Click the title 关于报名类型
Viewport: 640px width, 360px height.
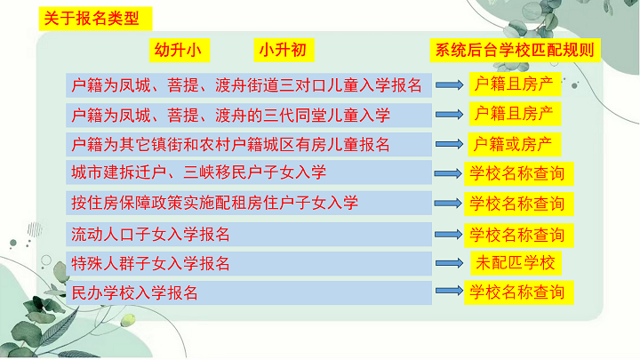tap(95, 19)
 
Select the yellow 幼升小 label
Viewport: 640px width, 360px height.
tap(180, 50)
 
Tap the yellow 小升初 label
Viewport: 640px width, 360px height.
tap(284, 50)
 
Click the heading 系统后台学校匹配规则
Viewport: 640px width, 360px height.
tap(515, 50)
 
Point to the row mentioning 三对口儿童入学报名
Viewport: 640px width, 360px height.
tap(249, 85)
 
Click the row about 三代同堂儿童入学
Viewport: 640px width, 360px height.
tap(249, 115)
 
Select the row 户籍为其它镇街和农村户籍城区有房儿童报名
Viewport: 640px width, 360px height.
tap(249, 145)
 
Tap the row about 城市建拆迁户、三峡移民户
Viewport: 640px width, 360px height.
tap(249, 172)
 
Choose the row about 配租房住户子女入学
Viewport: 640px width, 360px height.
tap(249, 203)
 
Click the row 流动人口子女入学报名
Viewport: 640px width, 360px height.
tap(249, 235)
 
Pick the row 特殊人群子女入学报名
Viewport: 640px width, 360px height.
tap(249, 264)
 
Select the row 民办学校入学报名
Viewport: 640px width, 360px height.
tap(249, 292)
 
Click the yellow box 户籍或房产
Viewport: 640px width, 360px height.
tap(515, 145)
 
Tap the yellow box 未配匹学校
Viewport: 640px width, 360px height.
tap(516, 263)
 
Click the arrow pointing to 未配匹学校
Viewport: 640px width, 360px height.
tap(450, 263)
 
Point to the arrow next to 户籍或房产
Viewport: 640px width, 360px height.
tap(450, 144)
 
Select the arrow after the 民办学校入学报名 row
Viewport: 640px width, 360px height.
tap(450, 291)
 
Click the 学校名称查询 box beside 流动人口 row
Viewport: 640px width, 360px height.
tap(519, 235)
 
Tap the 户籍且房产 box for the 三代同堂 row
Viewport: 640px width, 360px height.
tap(515, 114)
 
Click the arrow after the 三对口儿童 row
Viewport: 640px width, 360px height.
tap(450, 85)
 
